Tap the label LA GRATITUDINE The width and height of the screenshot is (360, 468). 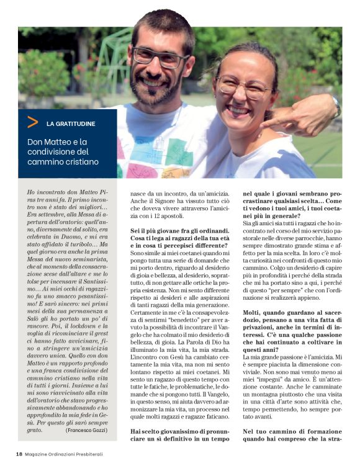coord(71,124)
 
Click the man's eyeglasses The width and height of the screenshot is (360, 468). coord(162,57)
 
